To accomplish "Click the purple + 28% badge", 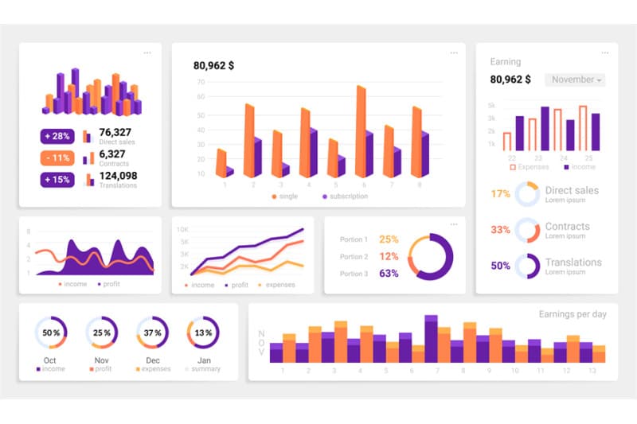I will click(x=57, y=136).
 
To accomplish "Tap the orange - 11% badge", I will click(x=57, y=158).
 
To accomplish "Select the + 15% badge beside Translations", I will click(x=57, y=179).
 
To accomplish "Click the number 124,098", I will click(x=118, y=175).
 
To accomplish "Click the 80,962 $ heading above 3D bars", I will click(x=213, y=66).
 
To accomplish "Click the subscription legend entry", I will click(x=346, y=196).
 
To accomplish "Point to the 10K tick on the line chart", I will click(x=182, y=229).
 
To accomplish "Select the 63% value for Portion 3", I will click(x=389, y=274).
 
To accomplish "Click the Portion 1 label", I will click(x=354, y=239).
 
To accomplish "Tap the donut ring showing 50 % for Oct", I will click(x=51, y=333).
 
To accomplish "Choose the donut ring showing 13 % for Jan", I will click(x=203, y=333).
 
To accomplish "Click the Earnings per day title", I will click(x=572, y=314).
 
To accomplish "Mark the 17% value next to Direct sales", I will click(x=500, y=194).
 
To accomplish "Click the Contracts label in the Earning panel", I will click(x=567, y=227).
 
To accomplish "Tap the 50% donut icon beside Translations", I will click(x=527, y=266).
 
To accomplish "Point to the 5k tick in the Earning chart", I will click(x=491, y=105).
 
